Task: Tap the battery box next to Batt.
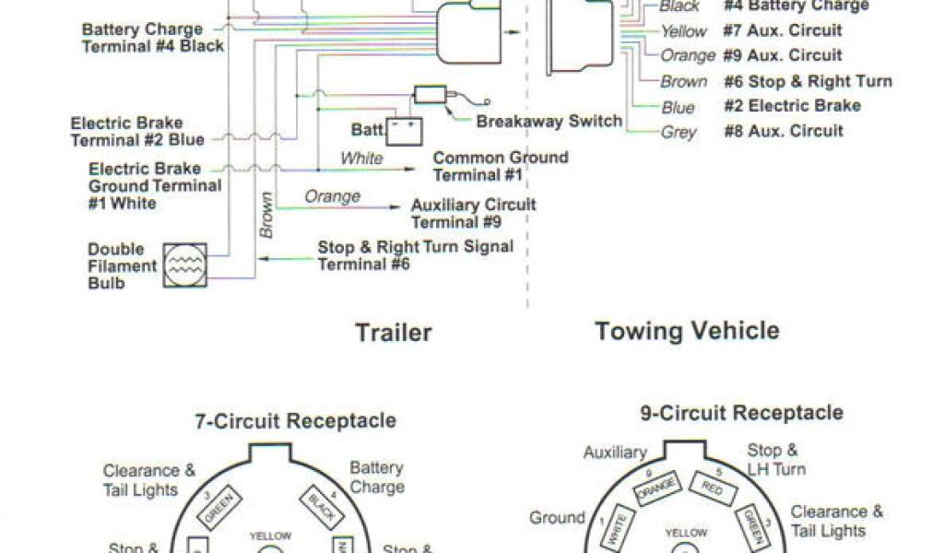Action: coord(403,131)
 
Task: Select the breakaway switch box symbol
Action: coord(431,94)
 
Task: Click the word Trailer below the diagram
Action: coord(394,332)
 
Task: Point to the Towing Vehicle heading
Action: coord(687,330)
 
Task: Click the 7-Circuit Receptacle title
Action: coord(295,421)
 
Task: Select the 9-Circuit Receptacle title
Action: coord(741,412)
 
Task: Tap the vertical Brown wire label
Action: coord(266,215)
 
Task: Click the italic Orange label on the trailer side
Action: coord(332,196)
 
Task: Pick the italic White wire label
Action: coord(361,159)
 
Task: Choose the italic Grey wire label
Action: coord(678,132)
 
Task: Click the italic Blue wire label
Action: coord(678,108)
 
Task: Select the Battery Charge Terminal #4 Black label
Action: coord(152,37)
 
